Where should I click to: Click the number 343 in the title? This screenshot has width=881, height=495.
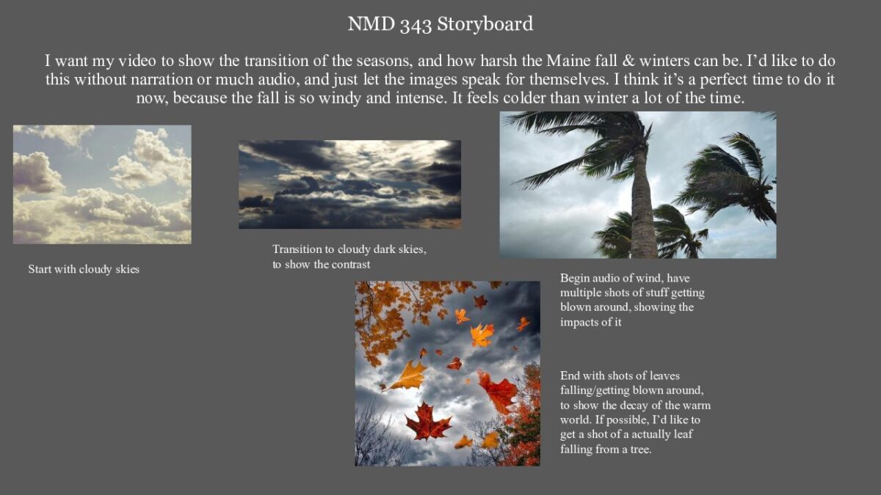click(416, 25)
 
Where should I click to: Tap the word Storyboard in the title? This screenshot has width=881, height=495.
click(485, 23)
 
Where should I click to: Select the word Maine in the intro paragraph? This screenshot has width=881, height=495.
click(568, 61)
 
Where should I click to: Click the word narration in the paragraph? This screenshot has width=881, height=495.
click(162, 79)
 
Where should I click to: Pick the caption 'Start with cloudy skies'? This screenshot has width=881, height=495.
click(84, 270)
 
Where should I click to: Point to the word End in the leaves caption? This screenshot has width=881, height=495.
click(570, 376)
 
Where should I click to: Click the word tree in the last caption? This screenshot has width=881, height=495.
click(639, 450)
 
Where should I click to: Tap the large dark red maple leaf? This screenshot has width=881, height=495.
click(428, 422)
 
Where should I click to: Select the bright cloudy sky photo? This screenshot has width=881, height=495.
click(102, 185)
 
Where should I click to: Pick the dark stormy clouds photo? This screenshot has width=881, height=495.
click(349, 184)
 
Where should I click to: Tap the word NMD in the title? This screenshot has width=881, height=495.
click(371, 23)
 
